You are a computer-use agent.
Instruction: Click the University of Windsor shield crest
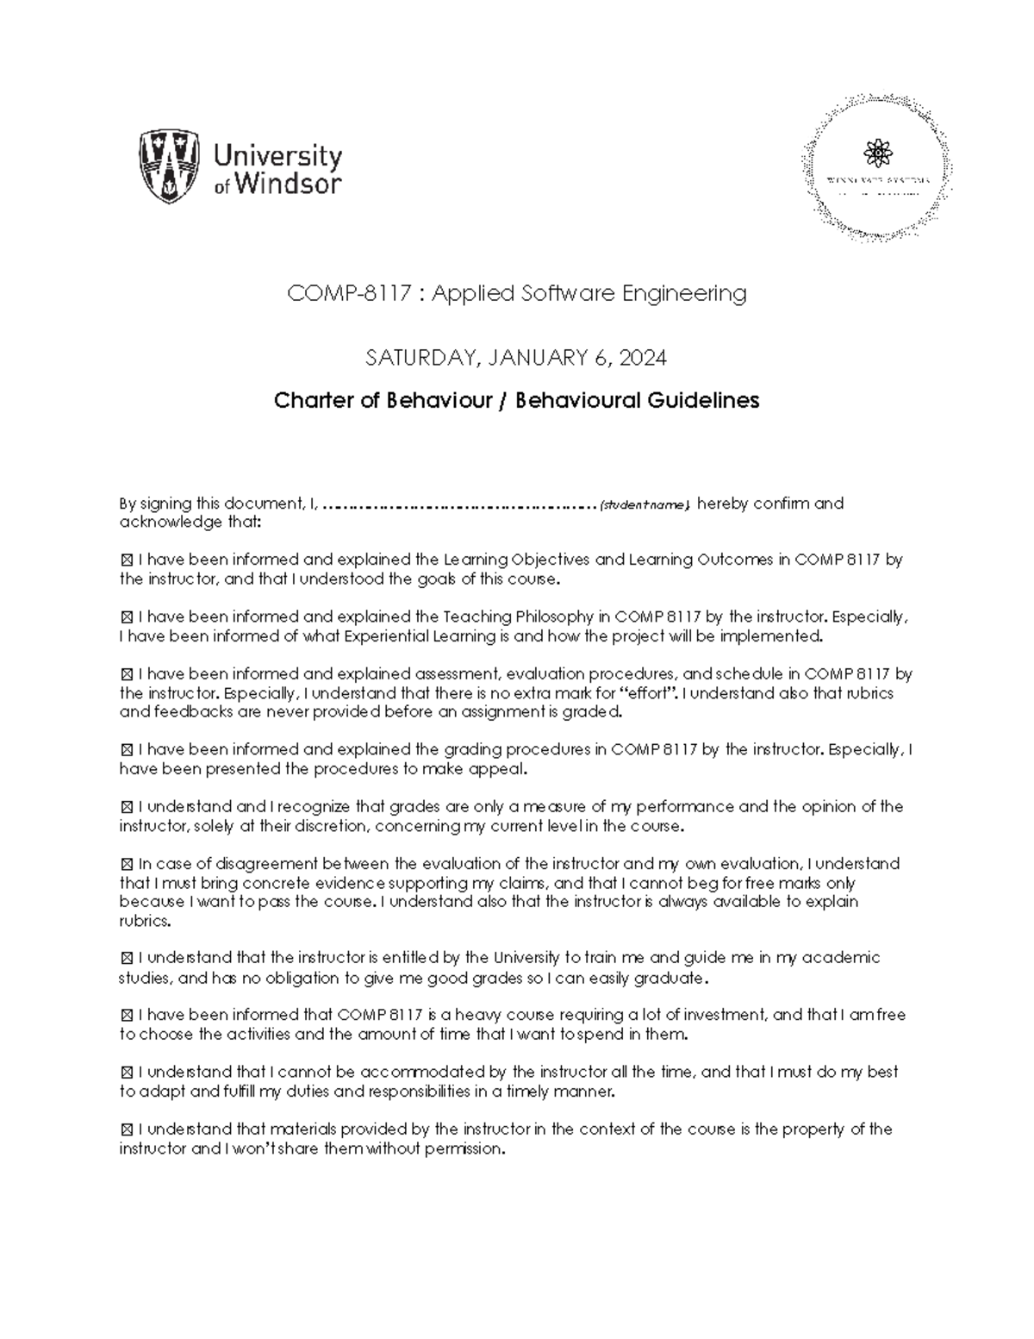click(x=171, y=166)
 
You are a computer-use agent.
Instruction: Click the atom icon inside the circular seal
click(x=877, y=154)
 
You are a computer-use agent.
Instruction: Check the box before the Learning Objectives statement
click(x=127, y=560)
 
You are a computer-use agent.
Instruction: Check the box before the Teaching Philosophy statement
click(x=127, y=617)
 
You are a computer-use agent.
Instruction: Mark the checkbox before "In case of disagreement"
click(x=127, y=864)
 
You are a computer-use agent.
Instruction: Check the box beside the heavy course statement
click(x=127, y=1016)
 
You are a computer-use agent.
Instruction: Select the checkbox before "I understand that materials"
click(x=127, y=1129)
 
